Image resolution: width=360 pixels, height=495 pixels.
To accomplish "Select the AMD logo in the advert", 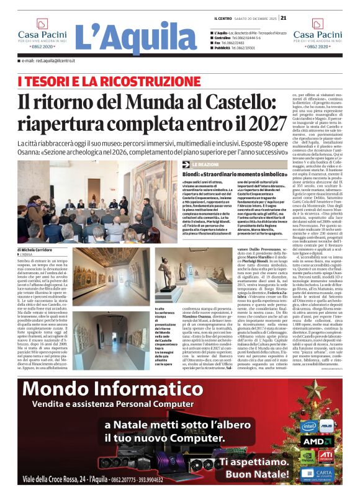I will point(317,442).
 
